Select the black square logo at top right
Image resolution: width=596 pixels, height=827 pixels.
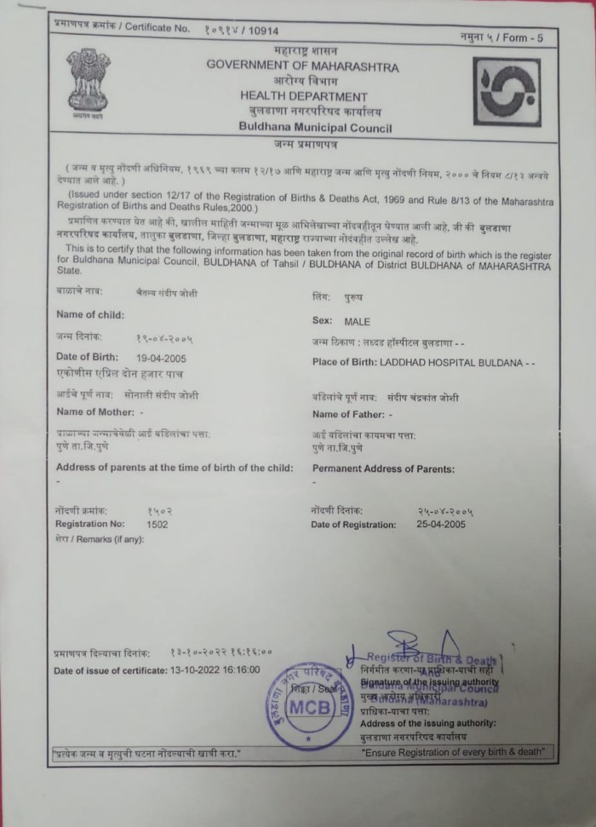click(x=507, y=92)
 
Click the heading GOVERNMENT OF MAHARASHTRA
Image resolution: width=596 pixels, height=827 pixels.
click(x=290, y=66)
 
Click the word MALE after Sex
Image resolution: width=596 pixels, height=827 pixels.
click(x=358, y=323)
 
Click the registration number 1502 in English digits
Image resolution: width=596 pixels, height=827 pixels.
click(x=158, y=525)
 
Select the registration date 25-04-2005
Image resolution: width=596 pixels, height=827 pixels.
click(x=441, y=525)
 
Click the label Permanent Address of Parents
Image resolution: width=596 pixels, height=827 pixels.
click(x=383, y=469)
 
